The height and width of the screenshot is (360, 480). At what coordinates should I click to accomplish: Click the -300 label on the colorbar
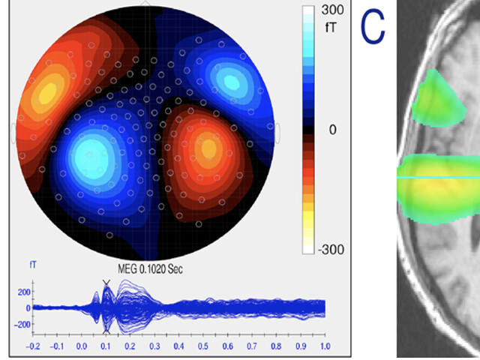click(332, 249)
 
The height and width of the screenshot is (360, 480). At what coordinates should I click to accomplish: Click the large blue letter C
click(373, 26)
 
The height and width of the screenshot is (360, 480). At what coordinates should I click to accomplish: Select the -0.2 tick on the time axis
click(33, 346)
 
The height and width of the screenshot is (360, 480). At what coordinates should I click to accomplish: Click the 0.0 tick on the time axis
click(82, 346)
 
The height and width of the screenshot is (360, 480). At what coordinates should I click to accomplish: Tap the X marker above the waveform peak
click(106, 283)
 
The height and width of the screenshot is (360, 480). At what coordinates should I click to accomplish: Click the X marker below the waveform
click(106, 331)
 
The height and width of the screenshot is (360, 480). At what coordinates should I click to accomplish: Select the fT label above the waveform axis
click(33, 265)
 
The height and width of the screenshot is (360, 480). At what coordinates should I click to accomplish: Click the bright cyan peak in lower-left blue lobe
click(91, 153)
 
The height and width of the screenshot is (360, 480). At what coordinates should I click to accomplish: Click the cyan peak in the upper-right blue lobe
click(229, 80)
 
